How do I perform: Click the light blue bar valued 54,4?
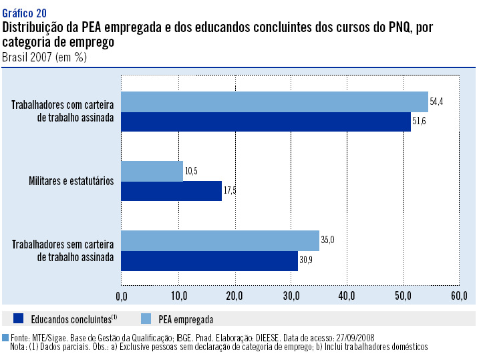(x=274, y=102)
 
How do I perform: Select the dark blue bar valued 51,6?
(x=266, y=122)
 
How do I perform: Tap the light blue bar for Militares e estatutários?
(x=152, y=171)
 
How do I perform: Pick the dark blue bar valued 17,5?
(x=171, y=191)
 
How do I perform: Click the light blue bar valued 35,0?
(x=220, y=240)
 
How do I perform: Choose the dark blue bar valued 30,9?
(x=209, y=260)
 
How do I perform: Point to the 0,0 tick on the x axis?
(x=122, y=295)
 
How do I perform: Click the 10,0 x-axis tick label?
(x=178, y=295)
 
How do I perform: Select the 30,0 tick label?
(x=291, y=295)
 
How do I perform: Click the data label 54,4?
(x=436, y=102)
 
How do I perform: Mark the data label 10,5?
(x=190, y=171)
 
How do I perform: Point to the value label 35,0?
(x=327, y=238)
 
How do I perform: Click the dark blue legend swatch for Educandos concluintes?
(x=18, y=319)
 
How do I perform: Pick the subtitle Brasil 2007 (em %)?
(x=44, y=57)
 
